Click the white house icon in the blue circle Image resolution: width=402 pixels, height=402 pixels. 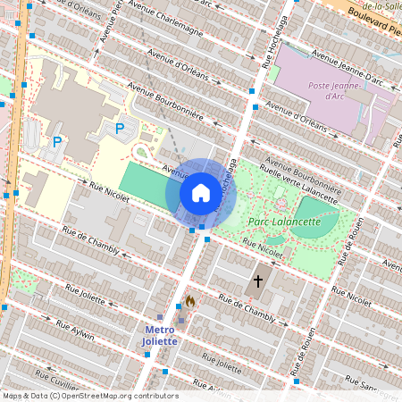(200, 193)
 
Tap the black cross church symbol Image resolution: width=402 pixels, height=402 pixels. (258, 281)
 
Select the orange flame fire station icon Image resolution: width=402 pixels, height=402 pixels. (189, 302)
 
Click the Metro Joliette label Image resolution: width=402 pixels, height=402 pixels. (161, 335)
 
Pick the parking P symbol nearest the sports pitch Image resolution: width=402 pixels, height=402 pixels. (120, 129)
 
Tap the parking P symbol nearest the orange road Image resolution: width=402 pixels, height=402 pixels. (57, 141)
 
